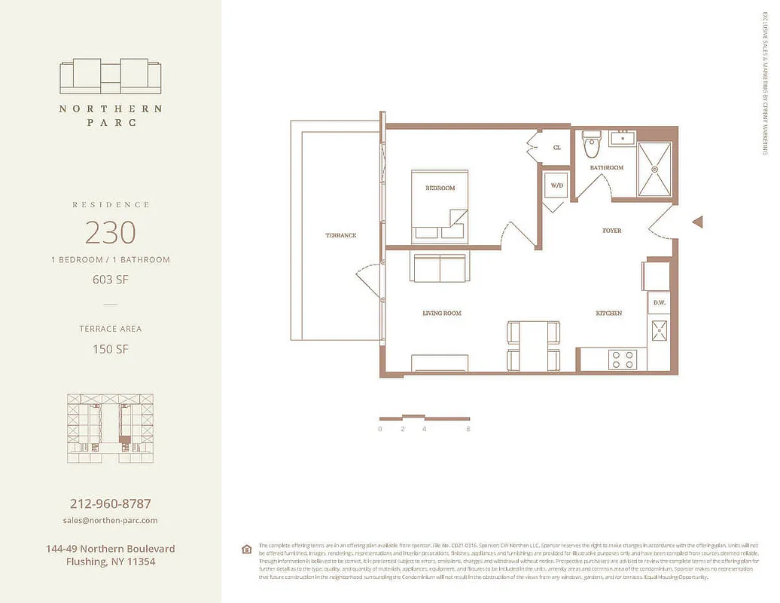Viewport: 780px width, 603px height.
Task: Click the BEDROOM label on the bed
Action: tap(440, 188)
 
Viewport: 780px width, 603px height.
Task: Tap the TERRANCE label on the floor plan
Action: tap(340, 235)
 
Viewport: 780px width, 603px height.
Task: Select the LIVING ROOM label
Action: tap(442, 313)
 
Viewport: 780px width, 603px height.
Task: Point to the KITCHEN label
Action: tap(609, 313)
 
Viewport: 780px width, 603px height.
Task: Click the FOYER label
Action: tap(611, 230)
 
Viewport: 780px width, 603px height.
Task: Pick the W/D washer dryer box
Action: tap(557, 185)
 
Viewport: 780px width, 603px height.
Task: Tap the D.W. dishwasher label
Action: tap(659, 303)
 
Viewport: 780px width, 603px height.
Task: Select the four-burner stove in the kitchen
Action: tap(623, 359)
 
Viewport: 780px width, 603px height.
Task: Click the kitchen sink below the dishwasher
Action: tap(659, 329)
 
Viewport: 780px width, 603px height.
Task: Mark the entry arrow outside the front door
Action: tap(697, 222)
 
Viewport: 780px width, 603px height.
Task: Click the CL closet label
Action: tap(557, 148)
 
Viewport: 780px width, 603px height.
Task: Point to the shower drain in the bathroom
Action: tap(655, 170)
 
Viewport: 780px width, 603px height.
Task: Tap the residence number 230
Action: tap(110, 232)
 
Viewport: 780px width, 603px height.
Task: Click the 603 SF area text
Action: tap(111, 280)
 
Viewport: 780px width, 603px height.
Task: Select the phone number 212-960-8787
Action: tap(110, 504)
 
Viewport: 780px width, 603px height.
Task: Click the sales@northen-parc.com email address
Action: tap(110, 520)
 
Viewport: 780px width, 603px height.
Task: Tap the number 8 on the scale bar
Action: tap(468, 429)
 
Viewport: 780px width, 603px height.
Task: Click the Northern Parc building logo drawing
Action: tap(110, 75)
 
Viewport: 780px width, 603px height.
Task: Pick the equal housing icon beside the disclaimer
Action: tap(246, 549)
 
